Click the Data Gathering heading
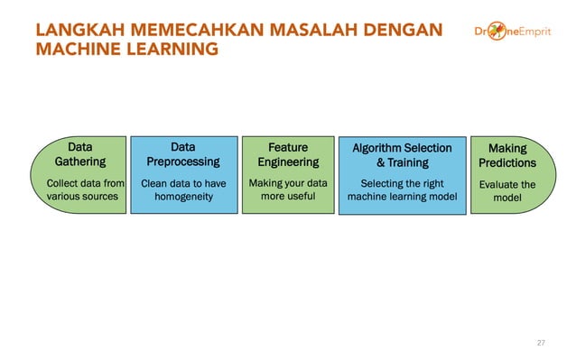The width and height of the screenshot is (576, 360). tap(80, 154)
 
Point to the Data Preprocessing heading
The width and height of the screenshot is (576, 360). tap(183, 154)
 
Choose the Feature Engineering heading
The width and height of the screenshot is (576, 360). tap(288, 154)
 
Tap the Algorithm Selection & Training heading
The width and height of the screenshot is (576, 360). tap(403, 155)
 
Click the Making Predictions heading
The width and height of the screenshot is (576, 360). tap(506, 155)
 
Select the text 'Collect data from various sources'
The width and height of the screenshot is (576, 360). tap(85, 190)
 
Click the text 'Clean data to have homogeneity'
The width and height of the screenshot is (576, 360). tap(183, 190)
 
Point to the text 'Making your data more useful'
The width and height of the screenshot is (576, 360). tap(288, 190)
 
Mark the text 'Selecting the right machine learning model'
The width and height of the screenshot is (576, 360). tap(403, 190)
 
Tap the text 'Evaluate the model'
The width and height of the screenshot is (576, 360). tap(507, 191)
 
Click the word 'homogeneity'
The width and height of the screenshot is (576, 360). tap(183, 198)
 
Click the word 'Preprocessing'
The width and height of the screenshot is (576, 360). tap(183, 162)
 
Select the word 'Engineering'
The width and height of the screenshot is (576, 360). tap(288, 162)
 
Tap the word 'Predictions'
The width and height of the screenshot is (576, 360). tap(506, 163)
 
